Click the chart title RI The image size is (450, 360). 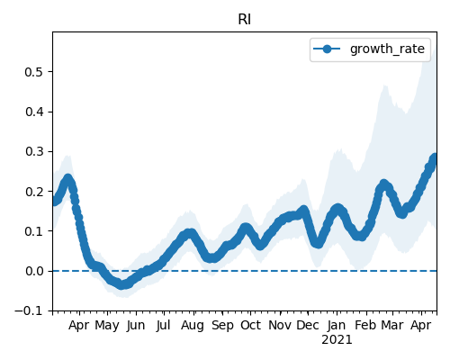click(x=245, y=20)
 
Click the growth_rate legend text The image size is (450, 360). click(x=387, y=49)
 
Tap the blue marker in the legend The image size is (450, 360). click(x=327, y=49)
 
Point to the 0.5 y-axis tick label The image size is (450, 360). click(x=34, y=72)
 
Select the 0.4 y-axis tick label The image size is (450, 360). click(x=34, y=112)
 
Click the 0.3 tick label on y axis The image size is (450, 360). click(x=34, y=151)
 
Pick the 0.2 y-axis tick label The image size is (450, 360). click(x=34, y=192)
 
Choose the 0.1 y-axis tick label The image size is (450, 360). click(x=34, y=231)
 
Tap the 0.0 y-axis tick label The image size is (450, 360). click(x=34, y=271)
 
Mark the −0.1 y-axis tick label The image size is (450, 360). click(x=29, y=310)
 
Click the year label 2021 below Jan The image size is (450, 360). click(x=337, y=340)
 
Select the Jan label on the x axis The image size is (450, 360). click(x=337, y=325)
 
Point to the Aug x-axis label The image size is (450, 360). click(x=193, y=326)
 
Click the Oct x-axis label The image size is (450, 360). click(x=250, y=325)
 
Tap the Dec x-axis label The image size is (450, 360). click(x=308, y=325)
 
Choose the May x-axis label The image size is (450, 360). click(x=107, y=326)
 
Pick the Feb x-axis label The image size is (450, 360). click(x=365, y=325)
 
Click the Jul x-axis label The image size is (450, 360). click(x=163, y=325)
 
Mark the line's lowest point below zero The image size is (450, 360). click(x=121, y=284)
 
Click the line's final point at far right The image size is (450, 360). click(x=435, y=157)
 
